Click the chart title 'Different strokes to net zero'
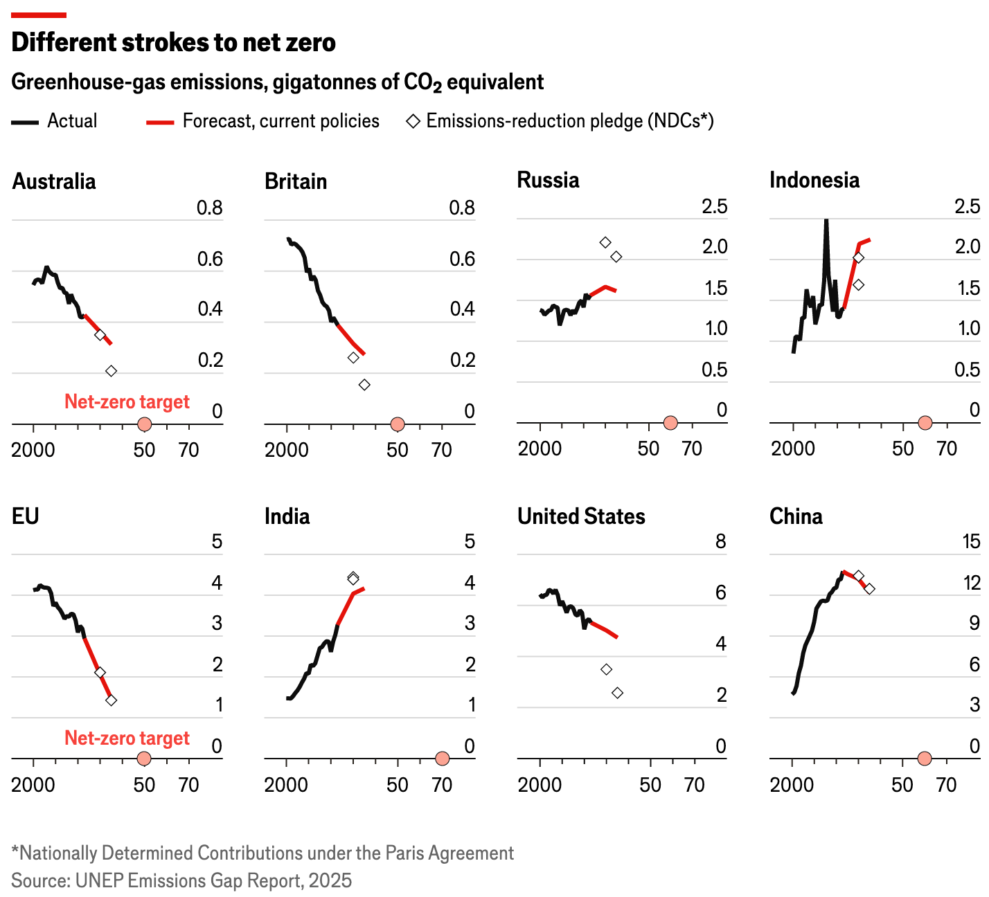(x=173, y=43)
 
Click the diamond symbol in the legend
(x=413, y=122)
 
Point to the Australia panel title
(x=54, y=181)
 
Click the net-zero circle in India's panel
(x=442, y=759)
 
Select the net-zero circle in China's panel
(x=924, y=759)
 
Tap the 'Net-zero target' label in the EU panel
(x=127, y=738)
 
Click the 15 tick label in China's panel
(x=972, y=541)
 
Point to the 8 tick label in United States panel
(x=720, y=541)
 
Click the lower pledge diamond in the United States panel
(x=617, y=693)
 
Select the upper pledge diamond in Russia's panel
(x=605, y=242)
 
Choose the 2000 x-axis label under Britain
(x=286, y=450)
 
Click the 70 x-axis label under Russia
(x=692, y=448)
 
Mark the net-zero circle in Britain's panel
(x=397, y=424)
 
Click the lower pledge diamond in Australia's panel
(x=111, y=371)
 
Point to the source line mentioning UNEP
(x=181, y=880)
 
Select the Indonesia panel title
(x=814, y=181)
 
